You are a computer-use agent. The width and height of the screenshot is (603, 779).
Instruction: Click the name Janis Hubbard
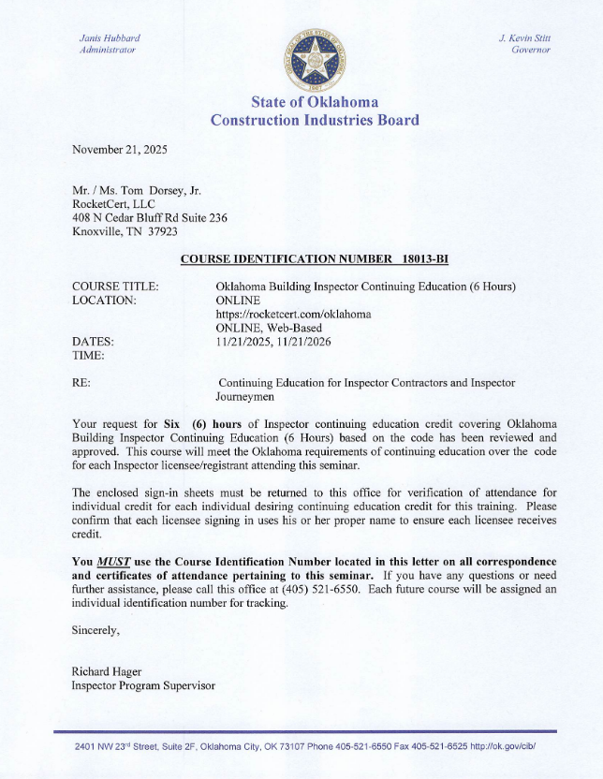[x=110, y=37]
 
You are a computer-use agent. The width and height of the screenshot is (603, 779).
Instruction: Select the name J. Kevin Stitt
[x=524, y=37]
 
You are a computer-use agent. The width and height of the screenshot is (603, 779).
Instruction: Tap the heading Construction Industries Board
[x=315, y=120]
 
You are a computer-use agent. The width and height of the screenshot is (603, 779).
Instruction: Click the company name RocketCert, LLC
[x=113, y=203]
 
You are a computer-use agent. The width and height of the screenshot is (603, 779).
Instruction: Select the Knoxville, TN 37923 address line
[x=125, y=231]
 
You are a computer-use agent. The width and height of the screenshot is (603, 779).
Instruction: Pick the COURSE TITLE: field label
[x=115, y=286]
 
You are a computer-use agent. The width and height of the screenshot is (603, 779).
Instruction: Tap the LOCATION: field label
[x=104, y=300]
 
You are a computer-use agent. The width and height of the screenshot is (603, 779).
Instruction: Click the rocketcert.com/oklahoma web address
[x=293, y=314]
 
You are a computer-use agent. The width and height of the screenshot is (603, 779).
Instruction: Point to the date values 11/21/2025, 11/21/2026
[x=272, y=342]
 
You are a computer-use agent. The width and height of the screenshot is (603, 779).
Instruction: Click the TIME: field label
[x=89, y=356]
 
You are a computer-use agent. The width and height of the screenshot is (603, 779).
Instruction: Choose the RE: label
[x=81, y=383]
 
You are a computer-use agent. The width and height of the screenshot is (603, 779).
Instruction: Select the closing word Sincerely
[x=96, y=630]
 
